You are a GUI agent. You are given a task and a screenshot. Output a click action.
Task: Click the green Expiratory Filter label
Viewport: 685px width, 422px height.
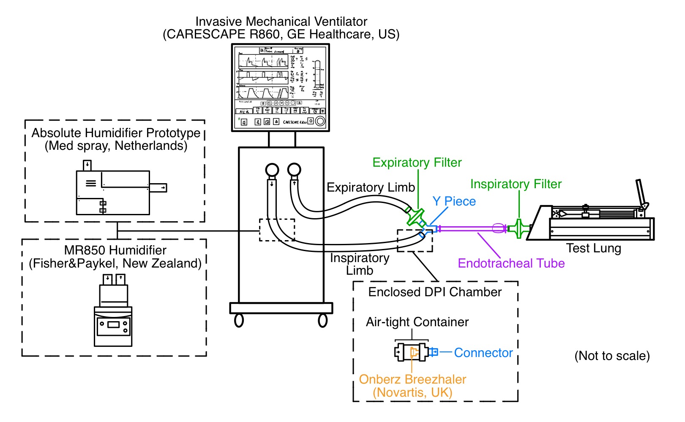pos(417,162)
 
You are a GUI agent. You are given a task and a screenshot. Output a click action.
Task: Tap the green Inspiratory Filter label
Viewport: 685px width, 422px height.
pos(516,184)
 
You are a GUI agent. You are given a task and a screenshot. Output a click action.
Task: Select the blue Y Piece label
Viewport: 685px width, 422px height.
pos(454,201)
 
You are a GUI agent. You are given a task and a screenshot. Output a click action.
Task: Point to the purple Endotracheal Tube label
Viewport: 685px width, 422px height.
pos(511,263)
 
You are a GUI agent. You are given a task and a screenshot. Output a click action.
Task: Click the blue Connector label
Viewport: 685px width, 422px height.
pos(483,353)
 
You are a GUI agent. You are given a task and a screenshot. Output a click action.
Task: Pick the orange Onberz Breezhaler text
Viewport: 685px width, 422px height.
pos(412,379)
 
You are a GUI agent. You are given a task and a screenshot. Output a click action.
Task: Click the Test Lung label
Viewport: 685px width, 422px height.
pos(593,248)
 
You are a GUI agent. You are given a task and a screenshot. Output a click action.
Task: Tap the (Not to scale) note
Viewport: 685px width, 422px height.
pos(611,356)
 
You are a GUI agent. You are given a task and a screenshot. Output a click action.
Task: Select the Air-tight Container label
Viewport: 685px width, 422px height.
pos(417,322)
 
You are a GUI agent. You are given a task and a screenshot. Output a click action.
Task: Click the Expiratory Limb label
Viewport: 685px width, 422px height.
pos(371,187)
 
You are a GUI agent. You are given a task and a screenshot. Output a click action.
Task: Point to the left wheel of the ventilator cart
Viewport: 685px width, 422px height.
pos(239,321)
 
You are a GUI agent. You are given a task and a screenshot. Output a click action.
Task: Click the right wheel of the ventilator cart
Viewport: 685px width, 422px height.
pos(323,321)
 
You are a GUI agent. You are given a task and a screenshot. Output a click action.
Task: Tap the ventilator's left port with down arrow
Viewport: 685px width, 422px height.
pos(272,170)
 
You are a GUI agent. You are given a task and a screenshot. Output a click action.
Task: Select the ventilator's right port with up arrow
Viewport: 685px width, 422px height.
pos(294,170)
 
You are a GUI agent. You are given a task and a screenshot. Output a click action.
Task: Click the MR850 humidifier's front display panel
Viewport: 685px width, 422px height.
pos(113,325)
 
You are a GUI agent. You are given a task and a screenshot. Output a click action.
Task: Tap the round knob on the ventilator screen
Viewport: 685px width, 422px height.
pos(320,122)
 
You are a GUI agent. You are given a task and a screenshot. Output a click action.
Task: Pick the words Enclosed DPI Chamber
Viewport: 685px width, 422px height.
pos(435,292)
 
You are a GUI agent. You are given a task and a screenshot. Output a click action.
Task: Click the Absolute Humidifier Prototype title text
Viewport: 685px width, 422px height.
pos(116,133)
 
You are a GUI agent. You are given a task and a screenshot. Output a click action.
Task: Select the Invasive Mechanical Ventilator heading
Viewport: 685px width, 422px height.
pos(281,22)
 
